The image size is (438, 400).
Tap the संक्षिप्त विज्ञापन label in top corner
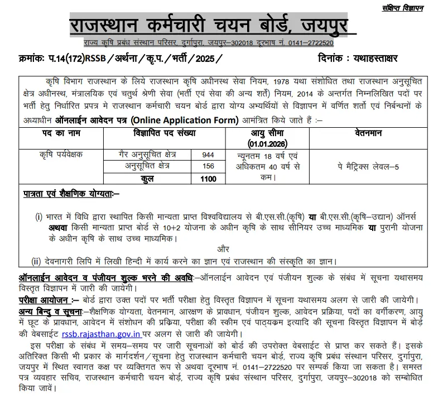pyautogui.click(x=403, y=7)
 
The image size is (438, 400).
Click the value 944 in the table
pyautogui.click(x=209, y=155)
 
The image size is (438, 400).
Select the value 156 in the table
pyautogui.click(x=209, y=166)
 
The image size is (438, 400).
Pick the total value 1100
pyautogui.click(x=209, y=179)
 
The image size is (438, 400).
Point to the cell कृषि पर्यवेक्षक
pyautogui.click(x=60, y=155)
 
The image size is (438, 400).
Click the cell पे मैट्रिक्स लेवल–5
pyautogui.click(x=371, y=167)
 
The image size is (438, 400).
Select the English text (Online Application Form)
pyautogui.click(x=177, y=120)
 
